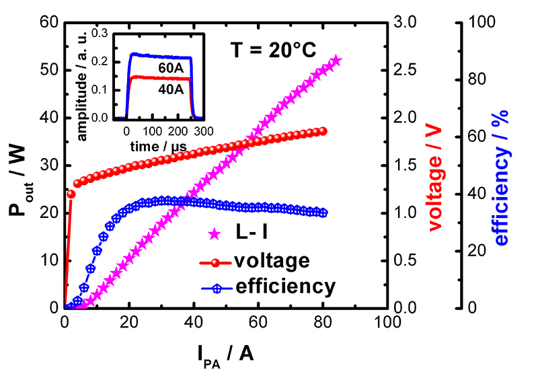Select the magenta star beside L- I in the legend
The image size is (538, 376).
(215, 234)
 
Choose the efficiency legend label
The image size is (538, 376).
(285, 287)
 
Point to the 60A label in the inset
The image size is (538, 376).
(160, 69)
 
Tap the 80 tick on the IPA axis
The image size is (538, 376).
(323, 322)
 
